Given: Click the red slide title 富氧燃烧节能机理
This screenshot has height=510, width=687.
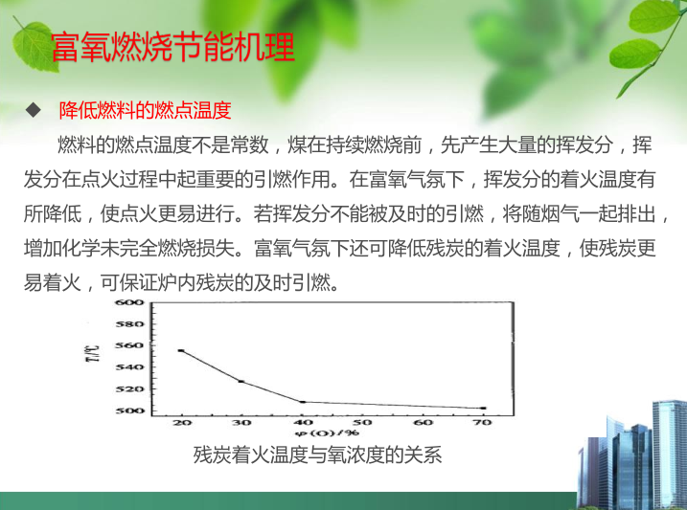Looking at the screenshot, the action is tap(172, 47).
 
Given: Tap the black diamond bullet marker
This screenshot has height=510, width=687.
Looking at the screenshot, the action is tap(34, 110).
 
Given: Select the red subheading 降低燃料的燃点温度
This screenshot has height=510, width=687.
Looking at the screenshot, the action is tap(145, 110).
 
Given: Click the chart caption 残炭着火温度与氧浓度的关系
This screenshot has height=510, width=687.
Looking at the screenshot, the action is tap(317, 455).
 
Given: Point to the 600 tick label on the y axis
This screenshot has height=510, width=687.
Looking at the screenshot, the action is tap(129, 302).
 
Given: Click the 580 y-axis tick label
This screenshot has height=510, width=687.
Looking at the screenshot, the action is tap(129, 324).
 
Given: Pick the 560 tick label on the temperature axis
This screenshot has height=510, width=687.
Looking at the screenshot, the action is tap(129, 345).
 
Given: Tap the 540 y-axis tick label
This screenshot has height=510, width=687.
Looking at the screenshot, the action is tap(129, 367).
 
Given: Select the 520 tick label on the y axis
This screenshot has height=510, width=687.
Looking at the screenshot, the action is tap(129, 388).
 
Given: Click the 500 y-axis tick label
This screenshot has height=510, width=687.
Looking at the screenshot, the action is tap(129, 410).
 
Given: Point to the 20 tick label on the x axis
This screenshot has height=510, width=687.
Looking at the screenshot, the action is tap(182, 423).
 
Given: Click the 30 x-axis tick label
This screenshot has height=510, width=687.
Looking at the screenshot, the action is tap(241, 423).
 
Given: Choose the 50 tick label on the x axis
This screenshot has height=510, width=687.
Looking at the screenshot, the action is tap(362, 423).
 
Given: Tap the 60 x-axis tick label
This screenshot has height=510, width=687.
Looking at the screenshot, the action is tap(423, 423).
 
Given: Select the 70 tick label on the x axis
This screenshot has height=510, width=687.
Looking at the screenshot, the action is tap(483, 423).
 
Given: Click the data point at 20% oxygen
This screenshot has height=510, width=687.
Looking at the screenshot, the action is tap(181, 351).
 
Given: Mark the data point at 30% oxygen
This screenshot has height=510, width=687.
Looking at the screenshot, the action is tap(240, 382).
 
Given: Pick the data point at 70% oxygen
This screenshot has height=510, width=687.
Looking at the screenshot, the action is tap(483, 408).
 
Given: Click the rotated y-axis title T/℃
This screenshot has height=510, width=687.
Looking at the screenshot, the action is tap(95, 353).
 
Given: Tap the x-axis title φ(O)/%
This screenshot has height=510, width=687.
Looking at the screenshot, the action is tap(327, 433).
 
